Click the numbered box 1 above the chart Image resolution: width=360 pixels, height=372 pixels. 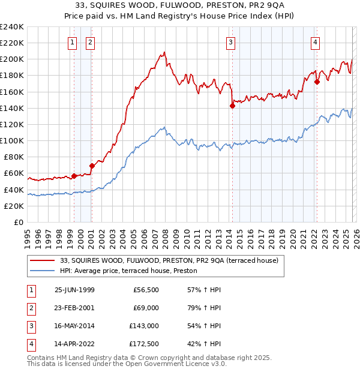[72, 42]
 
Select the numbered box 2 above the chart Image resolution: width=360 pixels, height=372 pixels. [89, 42]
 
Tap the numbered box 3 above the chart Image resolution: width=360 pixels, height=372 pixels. [230, 42]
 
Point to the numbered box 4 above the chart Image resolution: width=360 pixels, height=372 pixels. [315, 42]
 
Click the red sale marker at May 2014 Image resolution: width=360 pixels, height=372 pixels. [232, 106]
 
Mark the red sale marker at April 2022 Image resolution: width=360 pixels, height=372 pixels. [317, 82]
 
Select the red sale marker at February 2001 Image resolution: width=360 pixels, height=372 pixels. [92, 166]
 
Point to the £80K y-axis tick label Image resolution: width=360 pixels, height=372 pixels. [13, 157]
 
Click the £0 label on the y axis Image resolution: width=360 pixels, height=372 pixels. [19, 222]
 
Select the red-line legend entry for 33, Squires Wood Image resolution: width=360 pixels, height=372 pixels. [169, 261]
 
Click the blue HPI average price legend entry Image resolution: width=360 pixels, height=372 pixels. [133, 271]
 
